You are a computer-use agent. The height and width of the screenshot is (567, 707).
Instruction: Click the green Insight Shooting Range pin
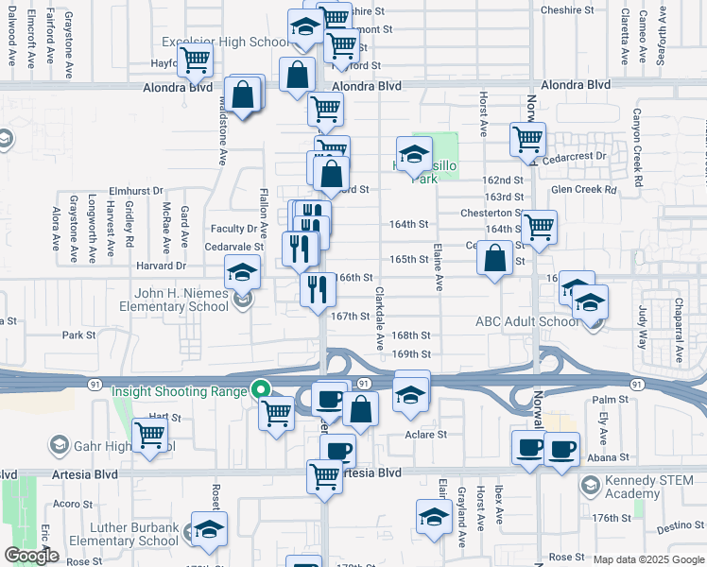pyautogui.click(x=260, y=389)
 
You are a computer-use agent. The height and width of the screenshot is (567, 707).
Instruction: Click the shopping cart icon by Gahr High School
pyautogui.click(x=150, y=435)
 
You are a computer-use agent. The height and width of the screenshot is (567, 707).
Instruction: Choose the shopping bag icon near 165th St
pyautogui.click(x=494, y=258)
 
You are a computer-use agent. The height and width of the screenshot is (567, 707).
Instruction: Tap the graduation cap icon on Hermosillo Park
pyautogui.click(x=413, y=154)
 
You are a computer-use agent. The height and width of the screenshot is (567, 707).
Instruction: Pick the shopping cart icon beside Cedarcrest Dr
pyautogui.click(x=527, y=140)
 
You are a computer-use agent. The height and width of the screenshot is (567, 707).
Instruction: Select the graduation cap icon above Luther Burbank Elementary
pyautogui.click(x=209, y=529)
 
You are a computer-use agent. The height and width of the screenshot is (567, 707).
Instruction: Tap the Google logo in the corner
pyautogui.click(x=31, y=556)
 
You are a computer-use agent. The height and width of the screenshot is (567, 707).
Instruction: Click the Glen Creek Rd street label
pyautogui.click(x=583, y=190)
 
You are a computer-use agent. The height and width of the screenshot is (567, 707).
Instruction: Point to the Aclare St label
pyautogui.click(x=425, y=435)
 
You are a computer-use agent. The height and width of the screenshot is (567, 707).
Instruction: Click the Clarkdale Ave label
pyautogui.click(x=379, y=318)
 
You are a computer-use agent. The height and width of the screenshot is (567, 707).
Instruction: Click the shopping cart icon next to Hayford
pyautogui.click(x=195, y=60)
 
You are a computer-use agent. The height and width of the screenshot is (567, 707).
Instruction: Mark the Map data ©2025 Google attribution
pyautogui.click(x=647, y=559)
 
